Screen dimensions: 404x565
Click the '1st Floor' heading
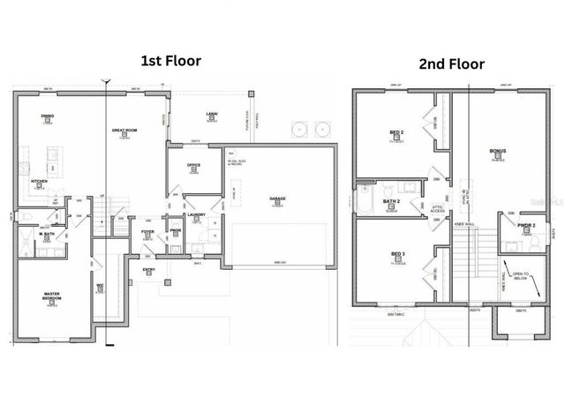click(x=171, y=61)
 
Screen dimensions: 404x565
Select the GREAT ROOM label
click(x=122, y=131)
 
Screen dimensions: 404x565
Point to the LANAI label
click(x=212, y=114)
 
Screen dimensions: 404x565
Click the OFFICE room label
click(x=193, y=165)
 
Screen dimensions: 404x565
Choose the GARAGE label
click(x=277, y=198)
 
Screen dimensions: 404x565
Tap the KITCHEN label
click(x=40, y=182)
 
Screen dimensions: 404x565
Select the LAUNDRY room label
click(x=196, y=214)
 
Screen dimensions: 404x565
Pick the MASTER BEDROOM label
click(x=52, y=296)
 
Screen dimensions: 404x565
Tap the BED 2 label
click(x=396, y=132)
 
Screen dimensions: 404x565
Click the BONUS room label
click(x=497, y=151)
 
